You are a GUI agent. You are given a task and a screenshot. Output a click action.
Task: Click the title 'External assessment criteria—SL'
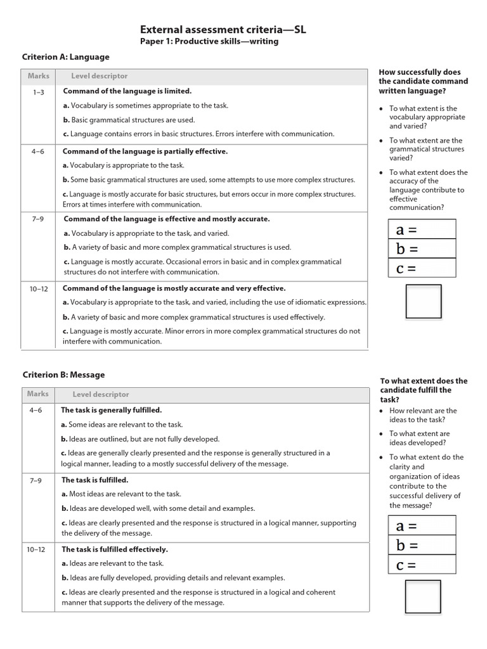(223, 29)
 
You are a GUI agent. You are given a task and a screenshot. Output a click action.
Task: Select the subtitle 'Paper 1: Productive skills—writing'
(209, 42)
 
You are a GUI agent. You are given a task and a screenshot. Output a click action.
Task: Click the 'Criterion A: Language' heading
(66, 57)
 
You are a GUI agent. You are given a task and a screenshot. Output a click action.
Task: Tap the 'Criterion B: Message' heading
(63, 375)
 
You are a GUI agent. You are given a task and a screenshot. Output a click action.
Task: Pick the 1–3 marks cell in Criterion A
(39, 92)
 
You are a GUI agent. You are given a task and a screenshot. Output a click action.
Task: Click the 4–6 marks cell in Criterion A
(39, 152)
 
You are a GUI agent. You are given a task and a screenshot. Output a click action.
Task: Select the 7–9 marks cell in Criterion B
(36, 480)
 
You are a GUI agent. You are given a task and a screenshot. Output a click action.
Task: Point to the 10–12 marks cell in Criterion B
(36, 550)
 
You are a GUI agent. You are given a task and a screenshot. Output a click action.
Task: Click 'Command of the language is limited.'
(127, 91)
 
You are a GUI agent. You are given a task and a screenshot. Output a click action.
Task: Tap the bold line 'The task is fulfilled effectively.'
(115, 549)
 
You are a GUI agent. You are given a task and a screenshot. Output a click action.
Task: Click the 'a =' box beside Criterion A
(422, 229)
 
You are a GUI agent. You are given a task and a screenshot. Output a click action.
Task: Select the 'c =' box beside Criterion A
(422, 268)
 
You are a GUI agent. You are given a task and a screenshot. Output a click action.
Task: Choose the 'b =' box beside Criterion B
(422, 545)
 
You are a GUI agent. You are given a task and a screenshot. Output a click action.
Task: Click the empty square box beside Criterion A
(423, 301)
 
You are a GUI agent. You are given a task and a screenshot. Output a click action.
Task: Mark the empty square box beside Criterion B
(423, 596)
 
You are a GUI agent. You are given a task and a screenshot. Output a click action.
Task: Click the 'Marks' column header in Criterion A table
(39, 76)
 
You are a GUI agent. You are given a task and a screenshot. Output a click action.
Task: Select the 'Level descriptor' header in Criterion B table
(100, 394)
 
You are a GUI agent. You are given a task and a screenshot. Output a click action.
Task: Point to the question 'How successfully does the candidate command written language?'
(423, 81)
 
